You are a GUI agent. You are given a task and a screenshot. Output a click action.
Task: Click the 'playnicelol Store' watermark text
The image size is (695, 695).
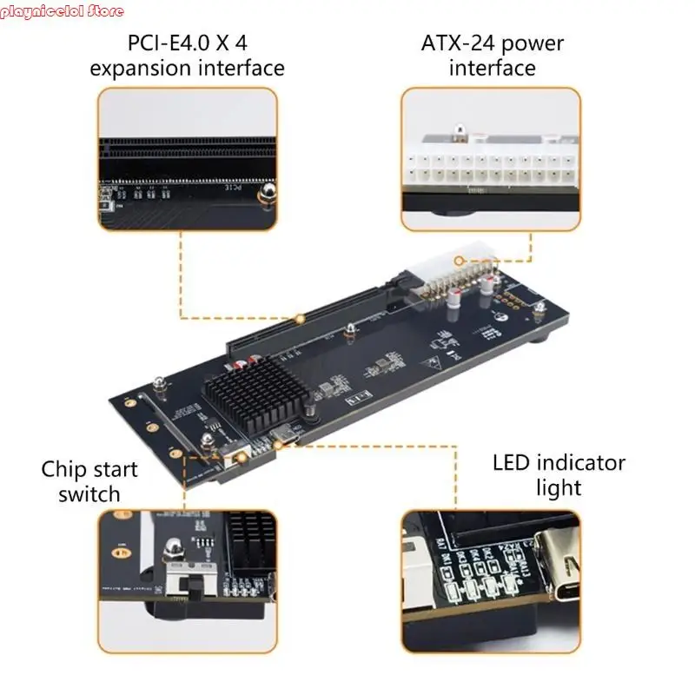(x=63, y=11)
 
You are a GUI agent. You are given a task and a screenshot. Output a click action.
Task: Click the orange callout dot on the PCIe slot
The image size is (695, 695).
(x=301, y=318)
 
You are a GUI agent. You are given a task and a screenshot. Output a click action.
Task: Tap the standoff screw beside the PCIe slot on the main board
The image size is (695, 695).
(x=349, y=331)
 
